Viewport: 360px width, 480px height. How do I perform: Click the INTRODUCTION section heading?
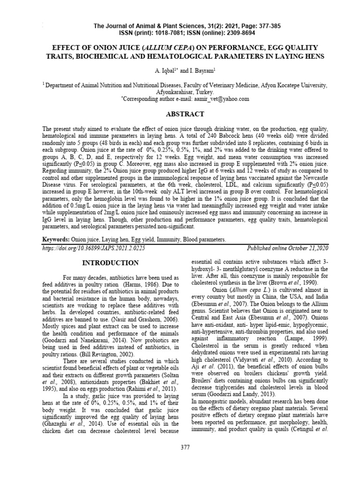click(x=111, y=262)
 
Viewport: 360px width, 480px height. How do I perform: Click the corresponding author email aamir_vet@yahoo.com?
click(x=217, y=99)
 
